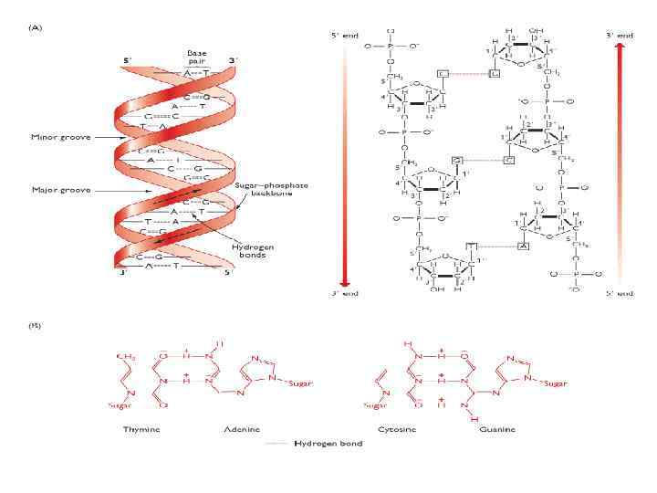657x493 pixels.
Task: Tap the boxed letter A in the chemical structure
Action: [x=524, y=246]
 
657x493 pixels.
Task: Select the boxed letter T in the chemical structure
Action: [x=471, y=246]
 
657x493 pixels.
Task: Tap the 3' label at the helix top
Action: [x=234, y=60]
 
